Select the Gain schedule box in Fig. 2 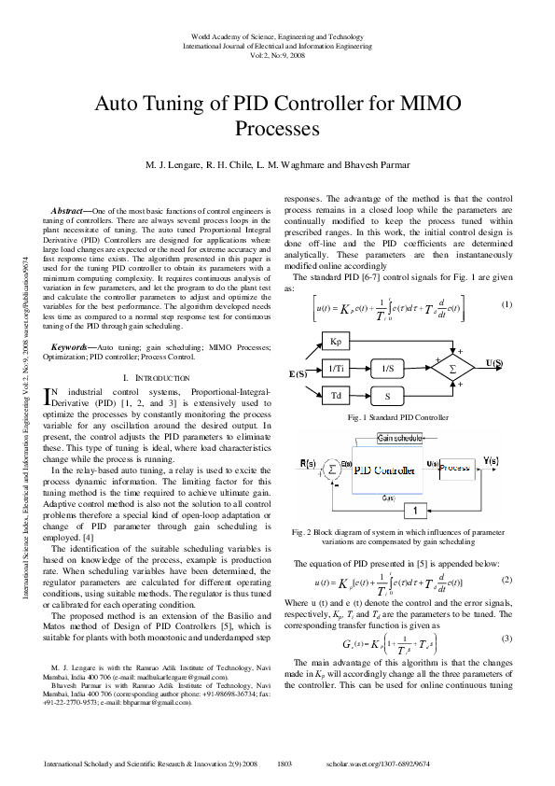399,439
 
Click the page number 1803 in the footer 286,764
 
